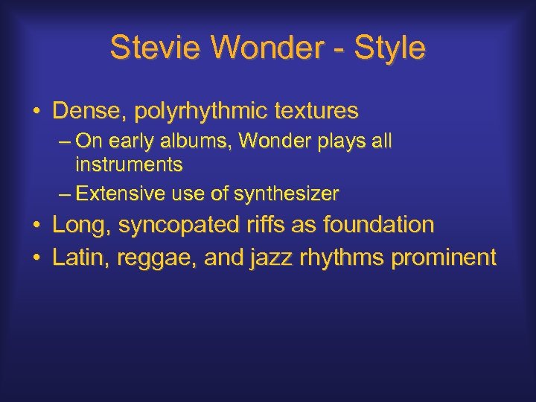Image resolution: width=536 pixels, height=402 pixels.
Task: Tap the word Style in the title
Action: (x=390, y=48)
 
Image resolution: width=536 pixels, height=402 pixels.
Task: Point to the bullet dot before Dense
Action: (x=36, y=112)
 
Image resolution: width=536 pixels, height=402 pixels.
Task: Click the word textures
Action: (x=316, y=112)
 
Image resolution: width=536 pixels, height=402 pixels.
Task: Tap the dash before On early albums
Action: (x=65, y=141)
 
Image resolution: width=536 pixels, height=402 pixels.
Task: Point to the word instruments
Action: (x=129, y=164)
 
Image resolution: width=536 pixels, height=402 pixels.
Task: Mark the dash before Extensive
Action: (x=65, y=195)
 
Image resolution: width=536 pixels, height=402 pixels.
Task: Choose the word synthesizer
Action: (x=287, y=195)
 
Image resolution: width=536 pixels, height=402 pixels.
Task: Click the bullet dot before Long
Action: (x=36, y=225)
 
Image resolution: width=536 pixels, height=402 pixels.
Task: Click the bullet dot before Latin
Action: (x=36, y=258)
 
